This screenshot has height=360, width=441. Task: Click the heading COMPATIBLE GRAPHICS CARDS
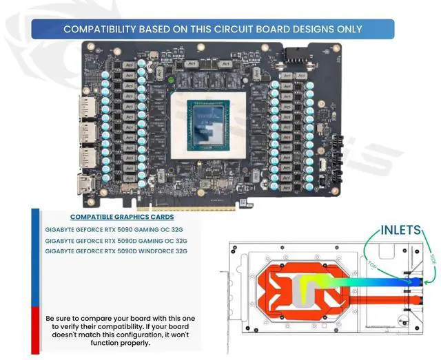[117, 217]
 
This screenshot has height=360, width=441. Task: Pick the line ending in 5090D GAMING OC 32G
[116, 241]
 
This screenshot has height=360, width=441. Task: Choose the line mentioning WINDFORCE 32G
[116, 251]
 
